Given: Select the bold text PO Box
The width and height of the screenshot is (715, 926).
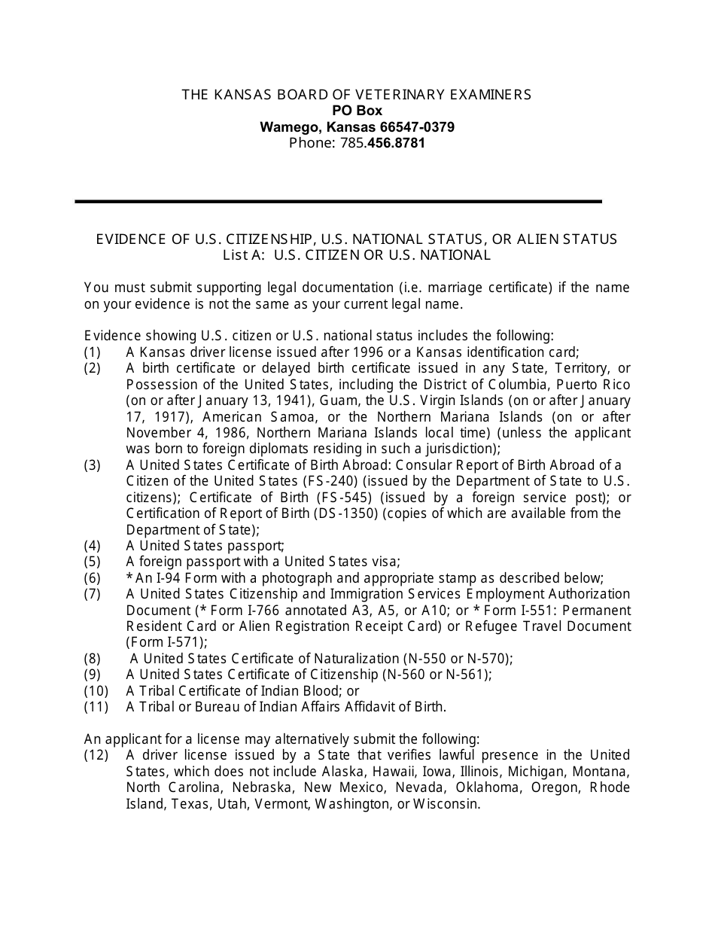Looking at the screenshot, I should [x=357, y=111].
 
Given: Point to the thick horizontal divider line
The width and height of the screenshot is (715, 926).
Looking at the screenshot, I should [x=339, y=202].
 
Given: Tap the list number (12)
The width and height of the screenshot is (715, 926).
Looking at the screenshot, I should [x=96, y=755].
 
